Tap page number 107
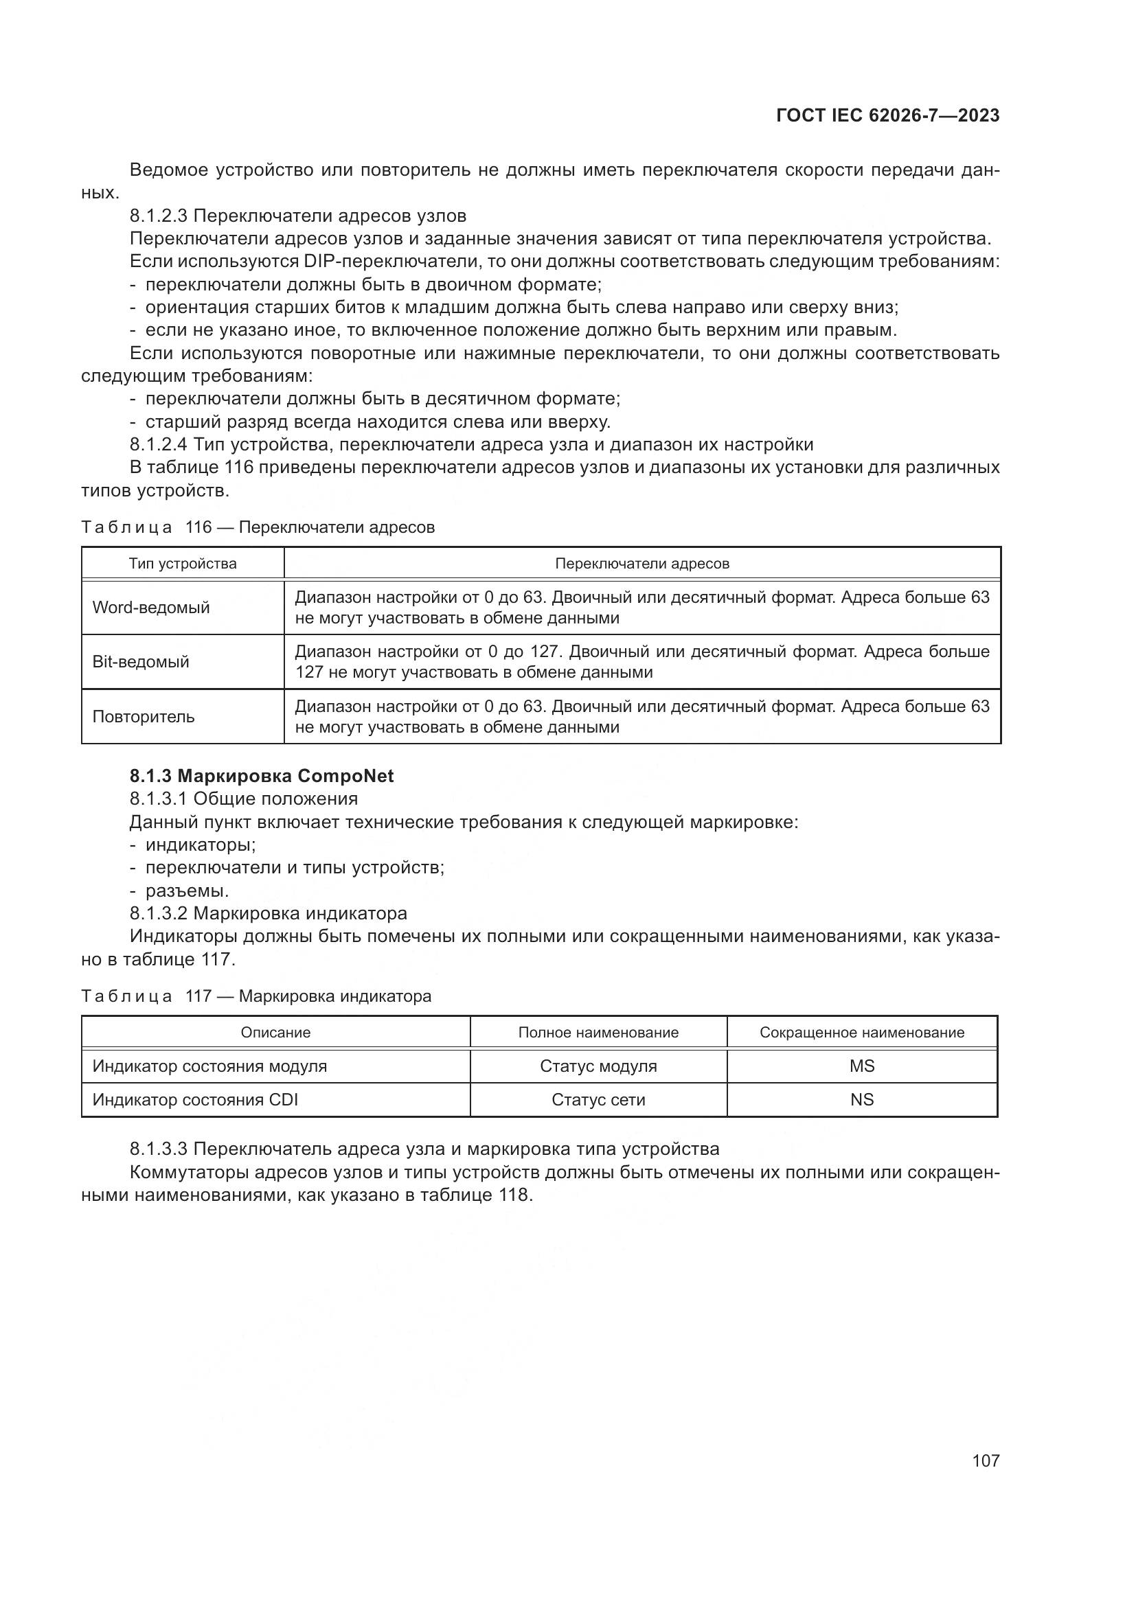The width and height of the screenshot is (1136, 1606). coord(985,1460)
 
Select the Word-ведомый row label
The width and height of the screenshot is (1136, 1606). coord(151,607)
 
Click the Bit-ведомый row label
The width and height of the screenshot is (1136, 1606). coord(141,662)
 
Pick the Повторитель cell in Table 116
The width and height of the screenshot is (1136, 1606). coord(144,717)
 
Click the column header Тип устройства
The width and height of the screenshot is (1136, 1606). coord(183,564)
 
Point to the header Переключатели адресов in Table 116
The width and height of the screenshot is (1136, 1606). coord(641,564)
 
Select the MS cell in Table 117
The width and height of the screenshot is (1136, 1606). coord(862,1066)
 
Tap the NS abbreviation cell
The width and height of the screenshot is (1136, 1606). coord(862,1099)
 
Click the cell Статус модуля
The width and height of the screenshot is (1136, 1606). coord(598,1066)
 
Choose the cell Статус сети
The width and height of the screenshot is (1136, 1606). coord(598,1099)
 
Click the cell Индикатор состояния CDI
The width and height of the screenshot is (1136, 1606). coord(195,1099)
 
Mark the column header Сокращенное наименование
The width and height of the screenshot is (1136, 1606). coord(862,1033)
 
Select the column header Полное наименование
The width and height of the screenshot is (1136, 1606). coord(598,1033)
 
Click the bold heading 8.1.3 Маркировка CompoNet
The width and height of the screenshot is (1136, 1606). coord(262,776)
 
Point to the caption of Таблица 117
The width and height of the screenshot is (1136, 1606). coord(256,996)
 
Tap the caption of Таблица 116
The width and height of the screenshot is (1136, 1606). coord(258,527)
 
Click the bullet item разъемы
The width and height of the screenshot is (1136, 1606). coord(187,891)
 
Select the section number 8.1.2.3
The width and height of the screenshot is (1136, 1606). coord(159,216)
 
